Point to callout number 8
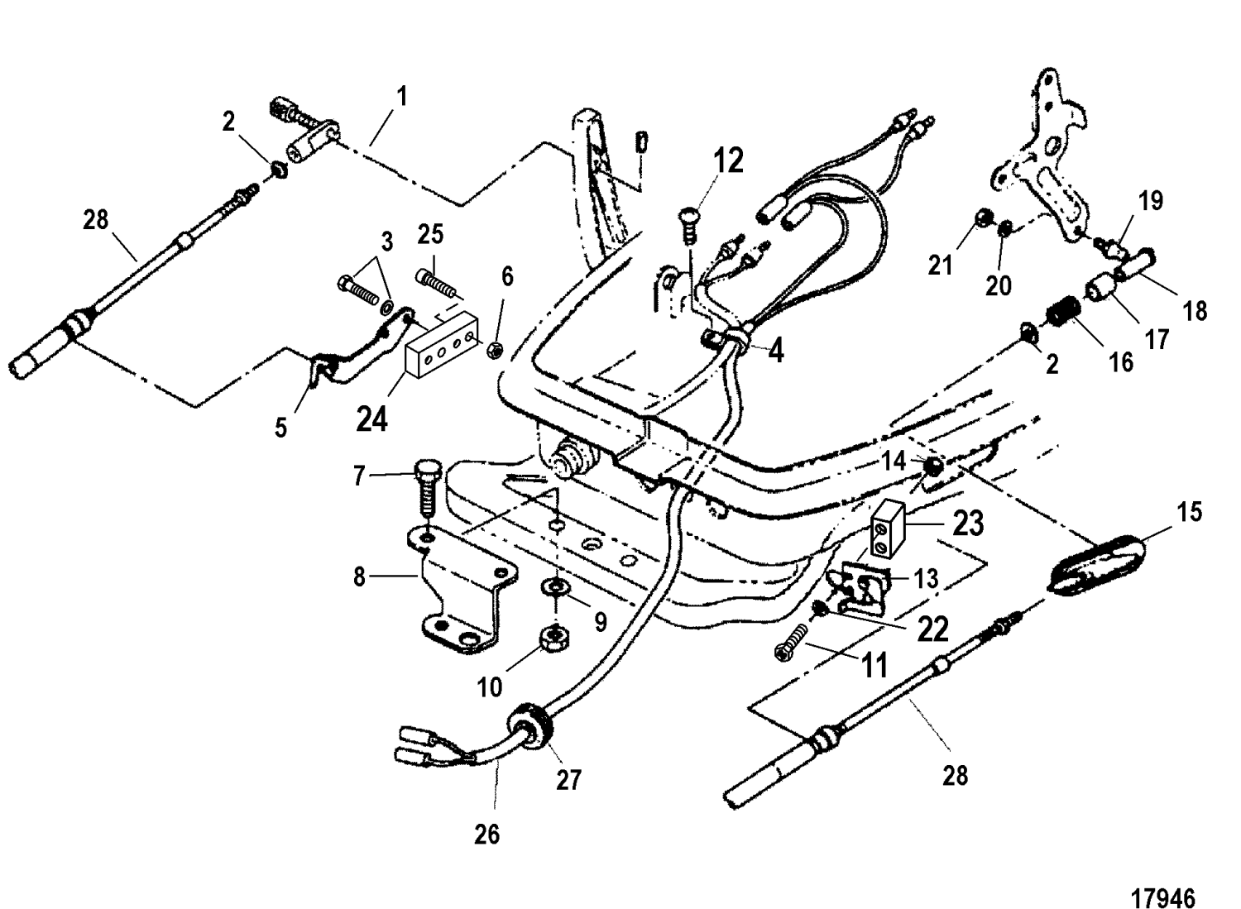pyautogui.click(x=359, y=576)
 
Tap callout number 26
pyautogui.click(x=487, y=835)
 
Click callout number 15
pyautogui.click(x=1190, y=513)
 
